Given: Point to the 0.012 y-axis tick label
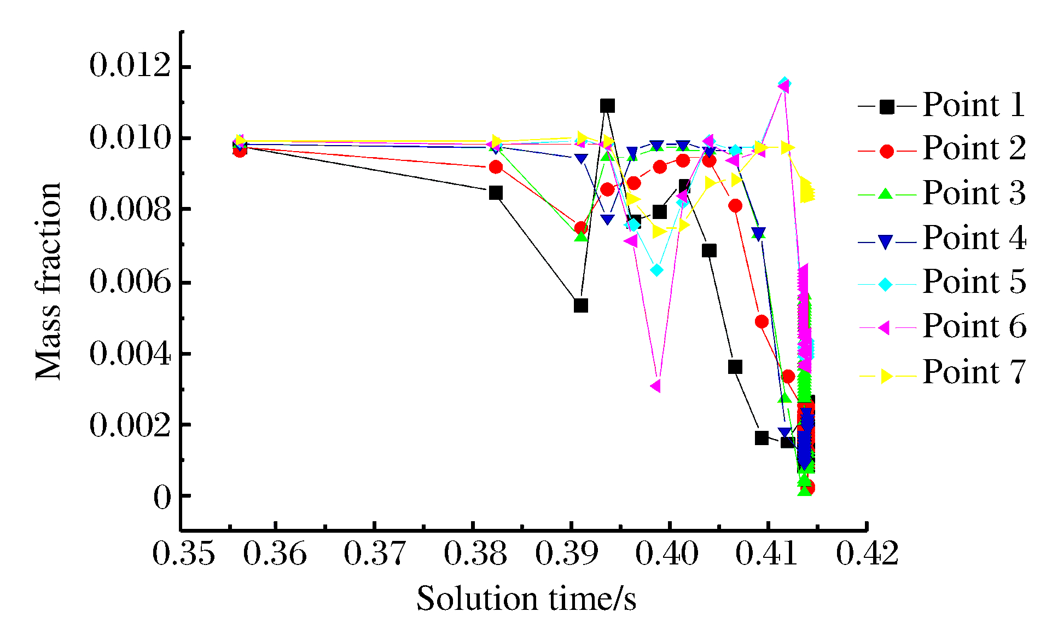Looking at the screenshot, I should tap(130, 66).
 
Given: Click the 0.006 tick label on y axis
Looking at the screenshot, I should tap(130, 282).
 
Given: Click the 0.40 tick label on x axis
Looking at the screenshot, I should tap(667, 554).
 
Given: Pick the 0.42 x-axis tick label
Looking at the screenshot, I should tap(868, 554).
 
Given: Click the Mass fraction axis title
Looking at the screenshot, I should tap(49, 281).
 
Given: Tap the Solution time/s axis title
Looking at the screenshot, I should tap(526, 599).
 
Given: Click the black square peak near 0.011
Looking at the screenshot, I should tap(607, 106).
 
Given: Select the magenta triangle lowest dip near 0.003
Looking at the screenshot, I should tap(655, 386).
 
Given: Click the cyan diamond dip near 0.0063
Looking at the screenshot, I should tap(657, 270).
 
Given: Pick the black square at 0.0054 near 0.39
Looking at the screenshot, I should tap(581, 305).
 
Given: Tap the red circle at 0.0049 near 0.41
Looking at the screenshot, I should tap(762, 322).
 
